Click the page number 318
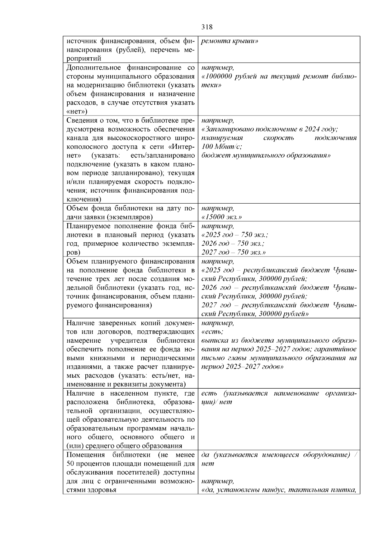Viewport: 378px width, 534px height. pyautogui.click(x=207, y=27)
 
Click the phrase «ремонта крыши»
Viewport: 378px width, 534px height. pyautogui.click(x=230, y=41)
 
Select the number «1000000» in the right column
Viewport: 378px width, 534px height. pyautogui.click(x=218, y=76)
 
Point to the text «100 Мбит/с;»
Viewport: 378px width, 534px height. pyautogui.click(x=222, y=147)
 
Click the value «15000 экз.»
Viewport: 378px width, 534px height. pyautogui.click(x=222, y=217)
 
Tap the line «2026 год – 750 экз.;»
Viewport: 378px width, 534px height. pyautogui.click(x=233, y=244)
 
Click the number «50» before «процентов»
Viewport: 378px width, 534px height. pyautogui.click(x=71, y=464)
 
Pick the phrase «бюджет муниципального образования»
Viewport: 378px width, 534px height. pyautogui.click(x=266, y=156)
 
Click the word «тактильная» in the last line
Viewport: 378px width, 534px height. pyautogui.click(x=306, y=490)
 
